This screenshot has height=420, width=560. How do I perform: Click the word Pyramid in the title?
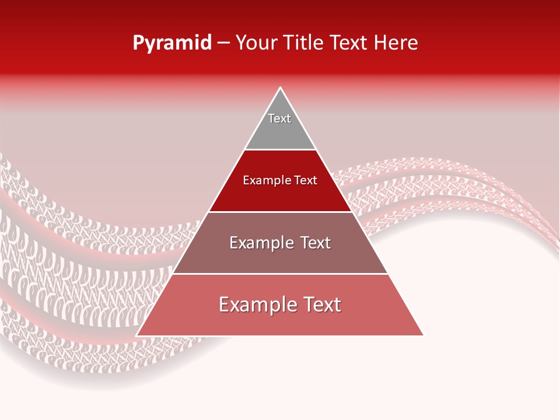pyautogui.click(x=172, y=43)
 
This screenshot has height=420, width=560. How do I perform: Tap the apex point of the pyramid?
pyautogui.click(x=280, y=88)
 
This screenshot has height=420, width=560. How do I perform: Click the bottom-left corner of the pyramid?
pyautogui.click(x=137, y=335)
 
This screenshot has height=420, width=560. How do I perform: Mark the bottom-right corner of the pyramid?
pyautogui.click(x=423, y=335)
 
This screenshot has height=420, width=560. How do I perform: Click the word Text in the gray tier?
pyautogui.click(x=279, y=118)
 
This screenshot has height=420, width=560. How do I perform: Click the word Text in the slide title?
pyautogui.click(x=349, y=43)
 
